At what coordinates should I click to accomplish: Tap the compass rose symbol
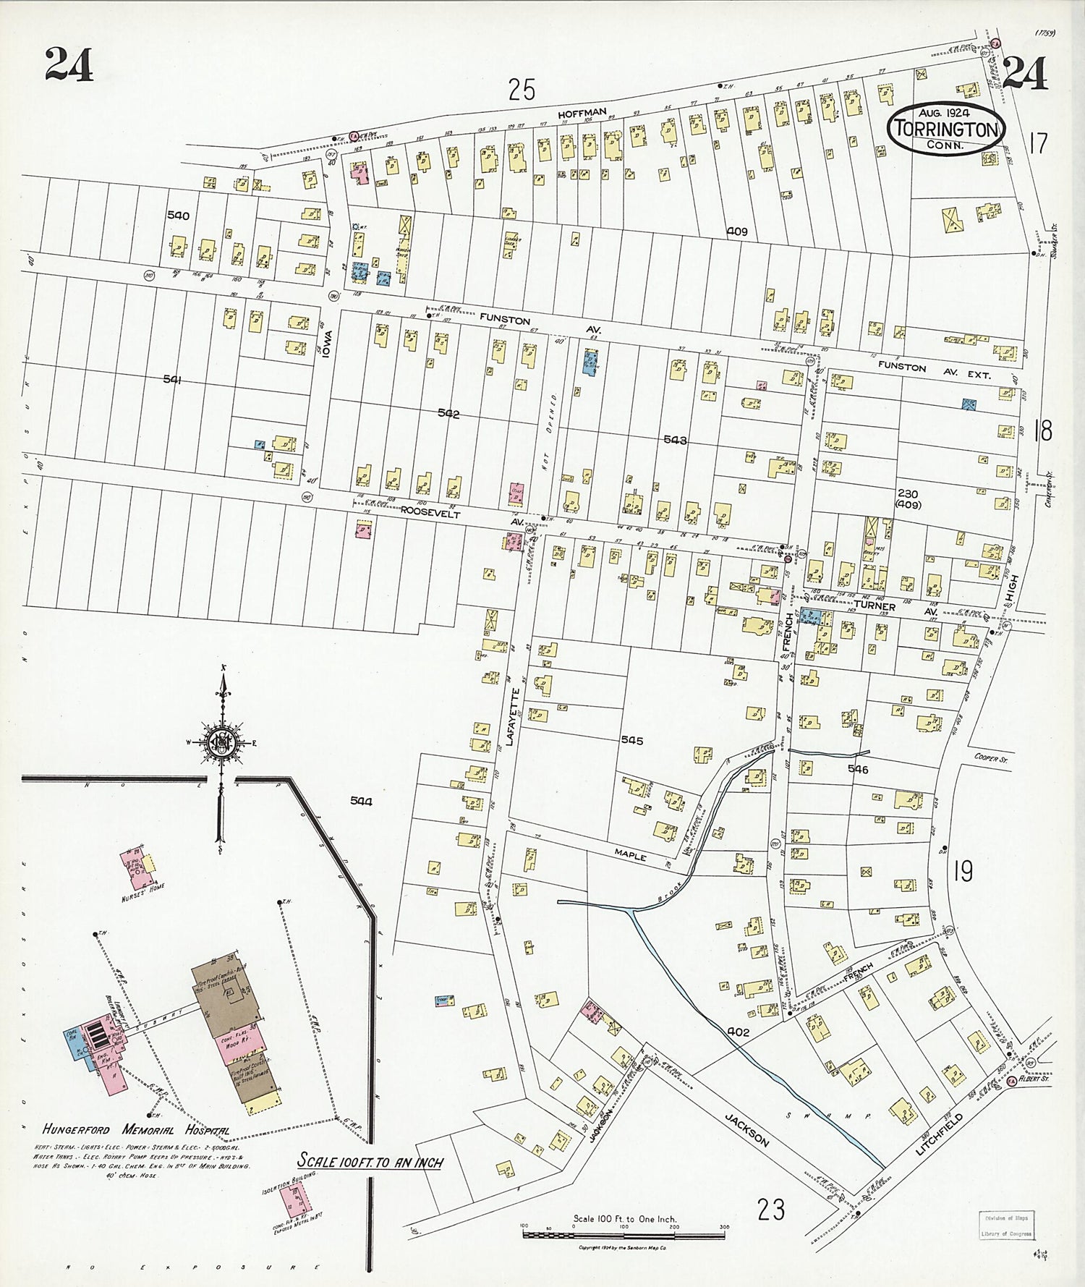point(221,742)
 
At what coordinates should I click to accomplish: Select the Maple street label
point(630,854)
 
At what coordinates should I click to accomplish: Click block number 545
point(631,741)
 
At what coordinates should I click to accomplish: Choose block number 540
point(178,216)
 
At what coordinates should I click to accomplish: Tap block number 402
point(739,1032)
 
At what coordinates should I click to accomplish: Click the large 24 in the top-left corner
point(69,65)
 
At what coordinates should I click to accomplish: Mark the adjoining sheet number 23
point(771,1209)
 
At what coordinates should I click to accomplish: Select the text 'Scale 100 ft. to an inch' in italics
point(370,1162)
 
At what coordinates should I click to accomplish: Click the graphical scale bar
point(624,1230)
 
